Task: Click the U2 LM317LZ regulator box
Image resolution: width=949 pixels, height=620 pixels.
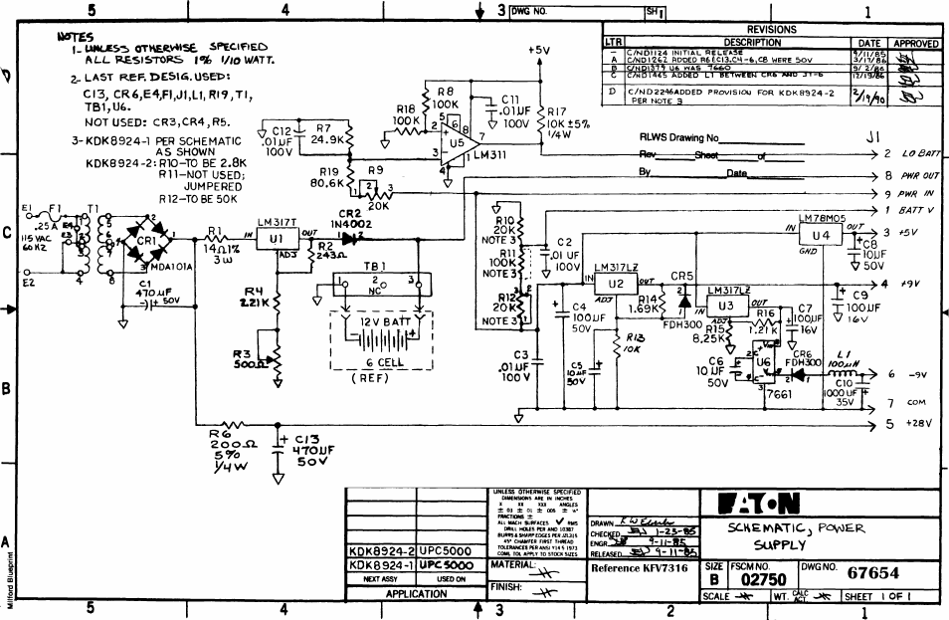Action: coord(616,285)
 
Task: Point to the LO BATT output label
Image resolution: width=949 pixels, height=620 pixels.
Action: coord(921,155)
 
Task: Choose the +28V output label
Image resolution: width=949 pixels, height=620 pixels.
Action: coord(918,424)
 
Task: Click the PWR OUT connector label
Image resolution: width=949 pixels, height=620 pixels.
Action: coord(921,175)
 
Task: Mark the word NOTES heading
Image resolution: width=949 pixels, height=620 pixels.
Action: coord(77,35)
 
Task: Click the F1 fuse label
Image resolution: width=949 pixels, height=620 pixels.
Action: coord(57,210)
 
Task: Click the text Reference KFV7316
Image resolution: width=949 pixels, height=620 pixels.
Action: coord(638,569)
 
